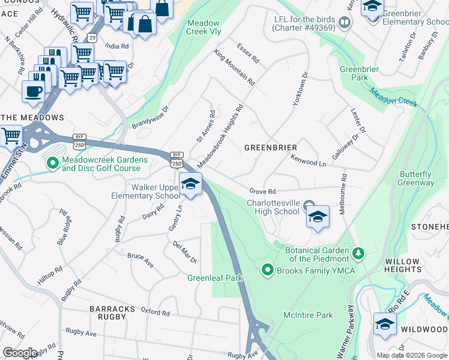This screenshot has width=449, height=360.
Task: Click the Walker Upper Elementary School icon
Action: (190, 184)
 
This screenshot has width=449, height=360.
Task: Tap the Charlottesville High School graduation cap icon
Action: (318, 215)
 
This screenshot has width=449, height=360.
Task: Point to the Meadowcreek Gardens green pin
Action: (52, 162)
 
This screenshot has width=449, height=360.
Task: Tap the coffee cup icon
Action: (33, 92)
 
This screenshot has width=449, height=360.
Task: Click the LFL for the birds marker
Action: (344, 23)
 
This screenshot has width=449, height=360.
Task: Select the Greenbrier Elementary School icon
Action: (373, 7)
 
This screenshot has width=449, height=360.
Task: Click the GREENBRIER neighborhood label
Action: (271, 147)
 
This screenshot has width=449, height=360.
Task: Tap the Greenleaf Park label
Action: (214, 278)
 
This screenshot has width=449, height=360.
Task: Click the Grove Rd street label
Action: (262, 191)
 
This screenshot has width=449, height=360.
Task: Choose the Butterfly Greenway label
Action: (417, 178)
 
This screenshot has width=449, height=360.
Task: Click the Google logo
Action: (19, 353)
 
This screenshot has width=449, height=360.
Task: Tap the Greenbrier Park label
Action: (359, 73)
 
